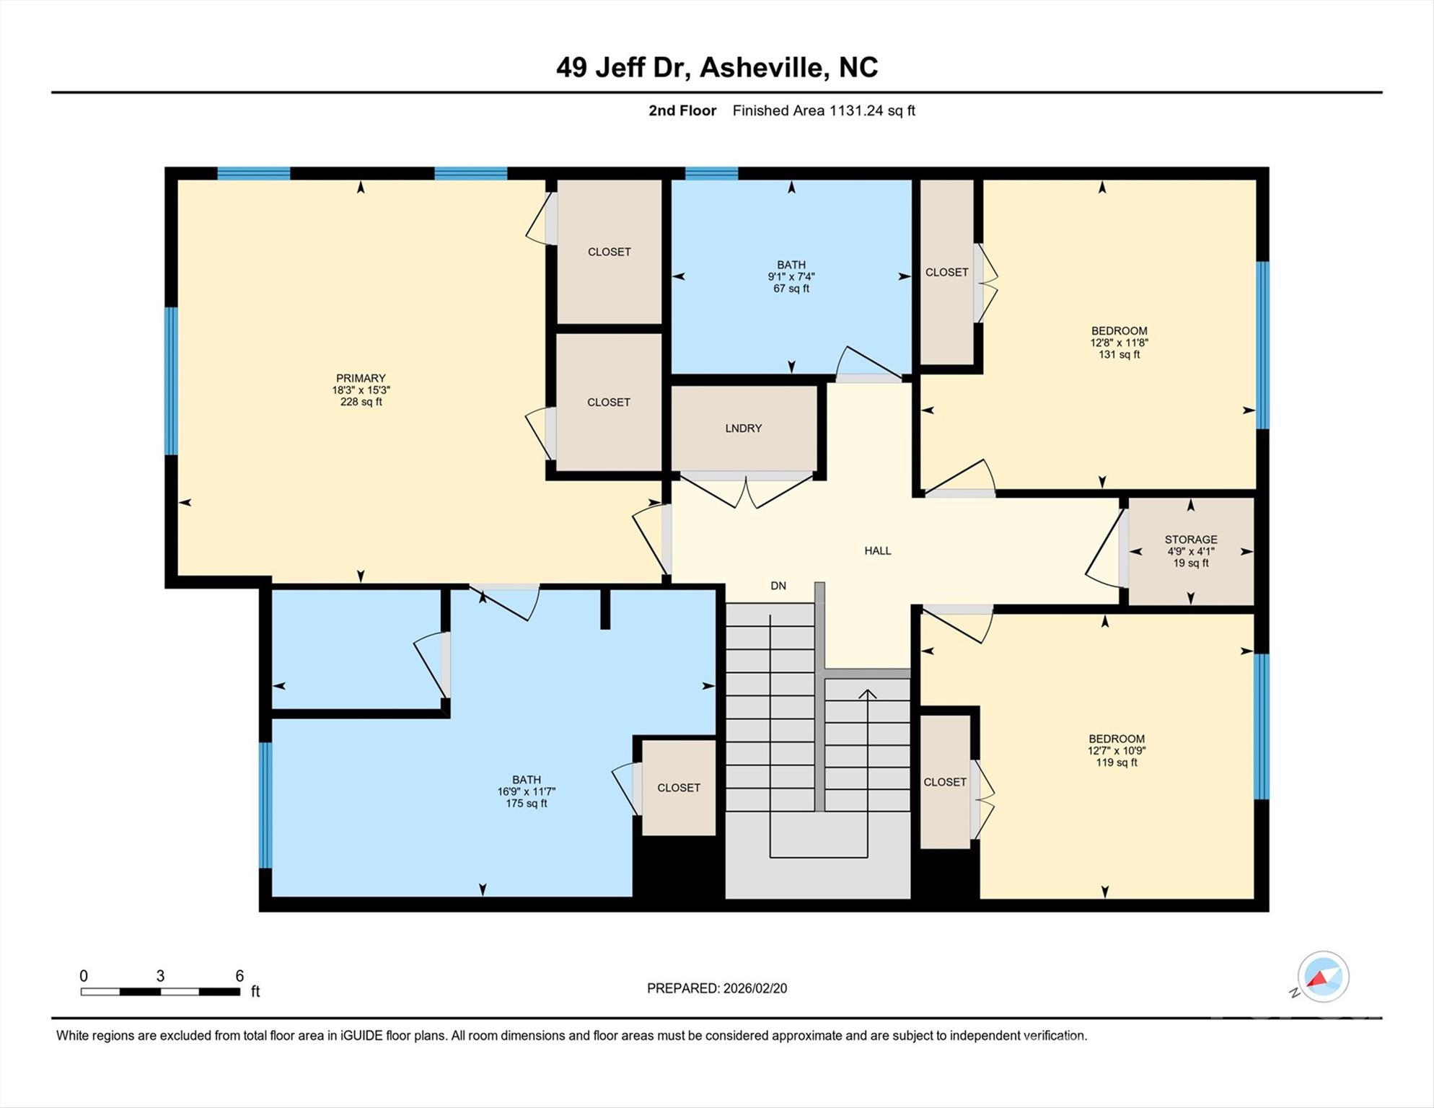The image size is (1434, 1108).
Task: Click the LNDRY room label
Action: pyautogui.click(x=743, y=428)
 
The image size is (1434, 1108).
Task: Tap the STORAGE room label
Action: pyautogui.click(x=1190, y=540)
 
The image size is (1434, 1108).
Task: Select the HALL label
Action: pyautogui.click(x=877, y=551)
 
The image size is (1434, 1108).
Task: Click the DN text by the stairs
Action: pyautogui.click(x=778, y=586)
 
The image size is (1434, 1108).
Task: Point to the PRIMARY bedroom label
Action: pyautogui.click(x=361, y=378)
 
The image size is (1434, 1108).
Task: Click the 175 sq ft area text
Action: pyautogui.click(x=526, y=804)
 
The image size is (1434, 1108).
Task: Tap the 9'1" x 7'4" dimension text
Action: pyautogui.click(x=791, y=277)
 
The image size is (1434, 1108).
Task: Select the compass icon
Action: pyautogui.click(x=1322, y=977)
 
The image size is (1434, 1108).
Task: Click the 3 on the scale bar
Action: pyautogui.click(x=160, y=976)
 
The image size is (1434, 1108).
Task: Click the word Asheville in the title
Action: pyautogui.click(x=762, y=68)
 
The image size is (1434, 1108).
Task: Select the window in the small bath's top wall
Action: pyautogui.click(x=711, y=173)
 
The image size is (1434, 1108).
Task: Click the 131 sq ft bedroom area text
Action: pyautogui.click(x=1119, y=355)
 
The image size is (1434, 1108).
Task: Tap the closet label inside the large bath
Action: pyautogui.click(x=678, y=788)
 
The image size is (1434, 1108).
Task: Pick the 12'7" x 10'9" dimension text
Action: pyautogui.click(x=1116, y=751)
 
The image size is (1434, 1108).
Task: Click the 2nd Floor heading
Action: pyautogui.click(x=682, y=110)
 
